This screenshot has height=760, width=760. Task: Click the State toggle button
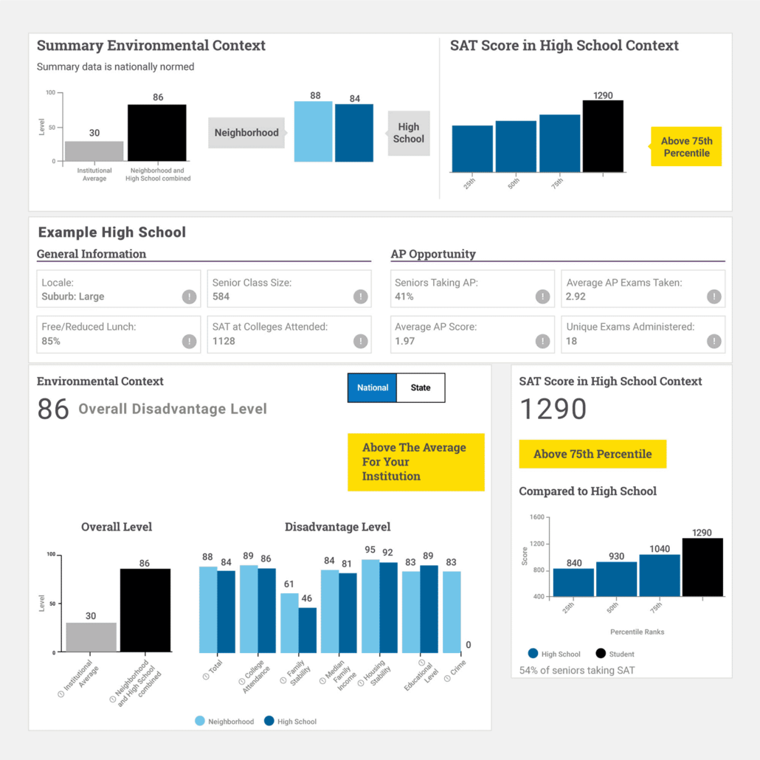421,387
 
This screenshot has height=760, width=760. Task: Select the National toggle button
373,387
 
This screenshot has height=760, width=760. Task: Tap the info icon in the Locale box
190,297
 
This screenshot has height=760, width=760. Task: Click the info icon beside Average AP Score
543,341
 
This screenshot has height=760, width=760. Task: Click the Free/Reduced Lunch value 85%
51,341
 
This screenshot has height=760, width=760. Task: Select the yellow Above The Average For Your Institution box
415,462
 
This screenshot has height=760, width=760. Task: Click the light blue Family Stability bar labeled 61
290,623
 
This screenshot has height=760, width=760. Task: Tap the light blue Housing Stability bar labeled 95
370,606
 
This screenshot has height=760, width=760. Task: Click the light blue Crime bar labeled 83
452,612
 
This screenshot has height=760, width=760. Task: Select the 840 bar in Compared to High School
573,582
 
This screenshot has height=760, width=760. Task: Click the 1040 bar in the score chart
660,575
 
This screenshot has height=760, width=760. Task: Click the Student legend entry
614,654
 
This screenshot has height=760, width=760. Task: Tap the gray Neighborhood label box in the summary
246,133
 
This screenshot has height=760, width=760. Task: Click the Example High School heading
112,232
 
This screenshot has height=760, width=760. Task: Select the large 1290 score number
553,410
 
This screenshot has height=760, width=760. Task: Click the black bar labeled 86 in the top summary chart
157,132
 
